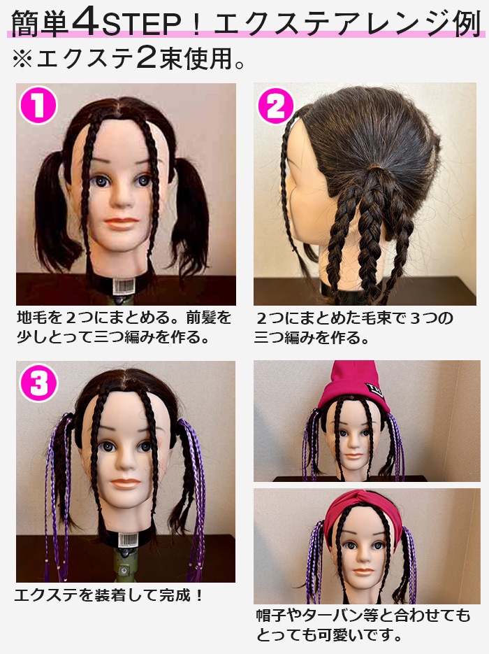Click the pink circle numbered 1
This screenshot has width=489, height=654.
(x=38, y=105)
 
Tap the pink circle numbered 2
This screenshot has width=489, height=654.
(x=276, y=106)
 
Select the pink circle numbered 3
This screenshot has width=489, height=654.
(x=38, y=383)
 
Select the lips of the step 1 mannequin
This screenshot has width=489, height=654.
(x=122, y=222)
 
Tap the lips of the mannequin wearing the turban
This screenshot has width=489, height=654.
(x=363, y=571)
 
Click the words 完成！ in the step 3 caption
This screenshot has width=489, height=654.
(x=182, y=595)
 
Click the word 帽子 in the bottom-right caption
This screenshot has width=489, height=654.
(x=271, y=615)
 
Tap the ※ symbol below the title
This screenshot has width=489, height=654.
(x=22, y=59)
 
